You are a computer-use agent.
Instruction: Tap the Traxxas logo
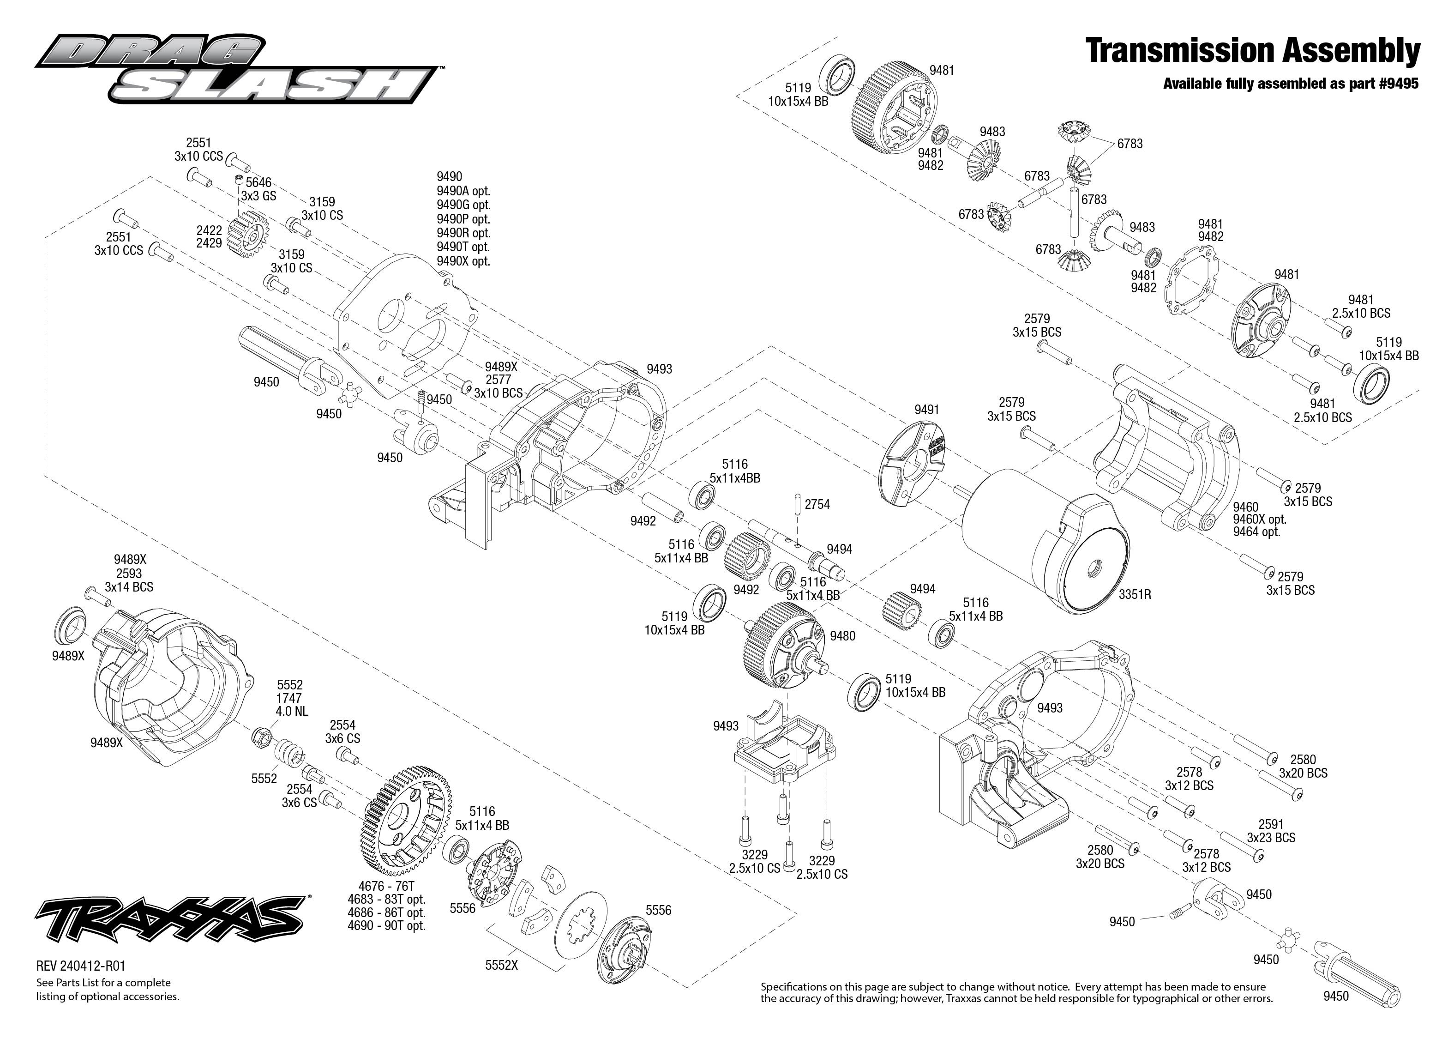tap(169, 917)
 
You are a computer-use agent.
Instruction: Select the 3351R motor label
tap(1135, 594)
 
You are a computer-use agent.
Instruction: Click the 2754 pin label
tap(817, 505)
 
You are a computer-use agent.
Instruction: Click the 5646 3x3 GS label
tap(258, 189)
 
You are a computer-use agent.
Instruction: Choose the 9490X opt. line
tap(463, 261)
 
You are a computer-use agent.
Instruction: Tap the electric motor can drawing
tap(1042, 553)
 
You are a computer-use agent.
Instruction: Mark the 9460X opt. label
tap(1259, 519)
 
